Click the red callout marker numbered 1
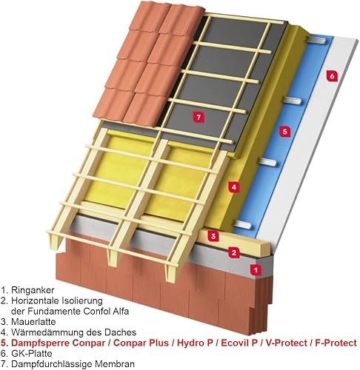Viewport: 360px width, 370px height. pos(256,269)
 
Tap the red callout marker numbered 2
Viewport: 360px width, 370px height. pos(234,252)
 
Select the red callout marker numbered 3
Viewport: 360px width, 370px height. pos(213,236)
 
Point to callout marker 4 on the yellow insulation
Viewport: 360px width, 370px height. pos(234,187)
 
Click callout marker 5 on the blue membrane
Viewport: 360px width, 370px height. pos(284,131)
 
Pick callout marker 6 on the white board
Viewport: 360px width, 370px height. pos(332,76)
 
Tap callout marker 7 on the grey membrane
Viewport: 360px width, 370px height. pos(199,116)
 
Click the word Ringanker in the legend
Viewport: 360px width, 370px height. pos(33,290)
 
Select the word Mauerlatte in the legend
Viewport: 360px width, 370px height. pos(33,322)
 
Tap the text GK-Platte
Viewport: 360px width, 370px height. pos(32,354)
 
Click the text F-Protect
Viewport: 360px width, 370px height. pos(336,343)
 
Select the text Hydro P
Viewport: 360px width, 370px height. pos(195,343)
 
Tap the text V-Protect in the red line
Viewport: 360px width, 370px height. pos(287,343)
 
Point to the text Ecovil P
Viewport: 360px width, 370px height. pos(239,343)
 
